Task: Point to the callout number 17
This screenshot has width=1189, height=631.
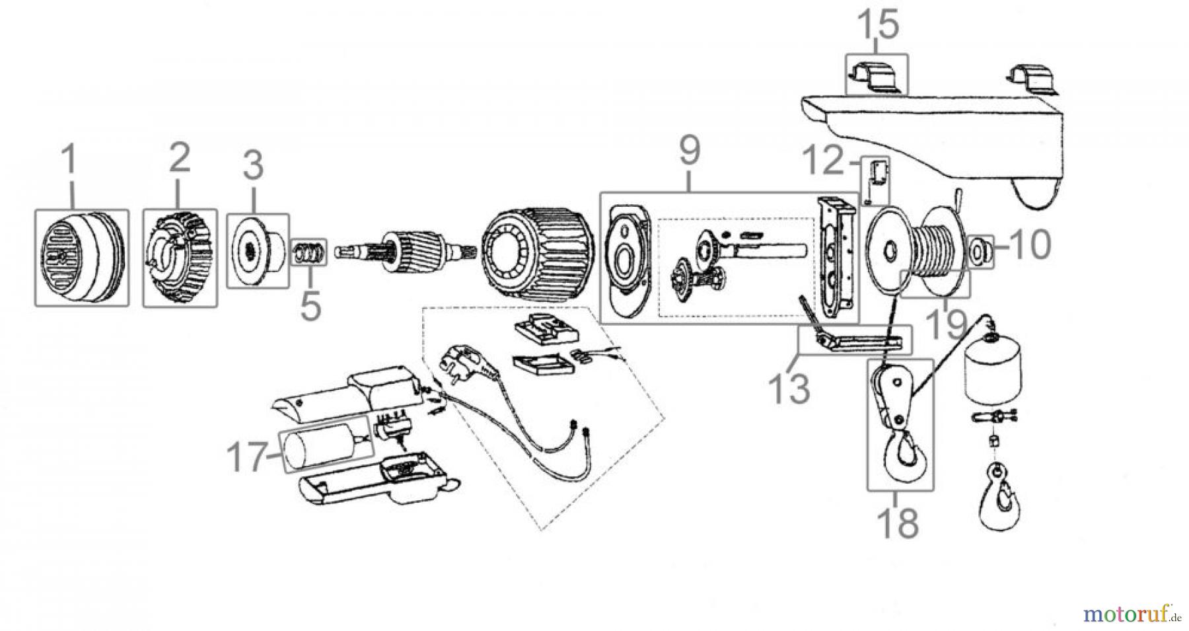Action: [246, 457]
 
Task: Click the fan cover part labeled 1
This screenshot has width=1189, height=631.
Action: [81, 257]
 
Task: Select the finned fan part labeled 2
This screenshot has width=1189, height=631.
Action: [180, 258]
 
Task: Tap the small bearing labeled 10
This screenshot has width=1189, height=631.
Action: [978, 251]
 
